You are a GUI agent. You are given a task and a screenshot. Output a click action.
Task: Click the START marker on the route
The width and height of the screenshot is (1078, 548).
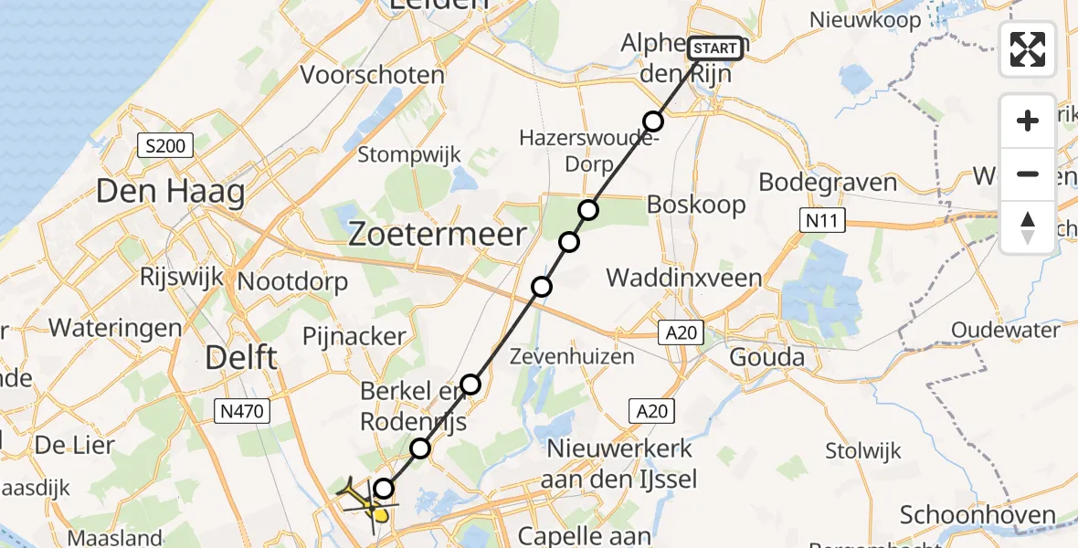click(x=715, y=48)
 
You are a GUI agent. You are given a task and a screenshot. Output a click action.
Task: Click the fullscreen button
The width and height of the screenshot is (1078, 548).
click(x=1028, y=49)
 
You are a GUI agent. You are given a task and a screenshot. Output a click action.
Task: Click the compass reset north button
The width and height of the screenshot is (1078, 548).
click(x=1028, y=227)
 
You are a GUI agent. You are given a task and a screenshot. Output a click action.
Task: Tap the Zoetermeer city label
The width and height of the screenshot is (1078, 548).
click(x=438, y=235)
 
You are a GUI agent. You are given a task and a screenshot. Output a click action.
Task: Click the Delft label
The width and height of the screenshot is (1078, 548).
click(x=241, y=357)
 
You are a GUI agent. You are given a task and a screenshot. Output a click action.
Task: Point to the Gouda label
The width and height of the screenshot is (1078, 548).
click(x=767, y=356)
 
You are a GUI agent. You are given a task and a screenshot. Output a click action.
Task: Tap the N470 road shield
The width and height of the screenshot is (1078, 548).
click(x=243, y=412)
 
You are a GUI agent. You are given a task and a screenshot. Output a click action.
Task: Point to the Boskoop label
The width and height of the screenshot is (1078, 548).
click(x=695, y=205)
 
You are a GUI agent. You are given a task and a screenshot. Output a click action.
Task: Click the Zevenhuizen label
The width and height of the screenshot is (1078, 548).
click(x=573, y=355)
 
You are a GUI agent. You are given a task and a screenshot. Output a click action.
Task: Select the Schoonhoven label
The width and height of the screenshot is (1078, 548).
click(x=978, y=515)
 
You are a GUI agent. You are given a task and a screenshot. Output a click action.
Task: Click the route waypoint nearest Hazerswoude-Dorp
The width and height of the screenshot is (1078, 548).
click(x=652, y=121)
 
